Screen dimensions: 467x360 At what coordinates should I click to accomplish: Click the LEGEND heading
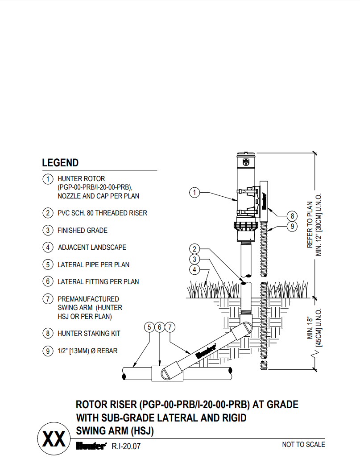coord(60,163)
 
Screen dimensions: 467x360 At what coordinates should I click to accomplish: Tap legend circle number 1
coord(48,179)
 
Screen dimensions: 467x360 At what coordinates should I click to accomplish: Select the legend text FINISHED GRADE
coord(83,231)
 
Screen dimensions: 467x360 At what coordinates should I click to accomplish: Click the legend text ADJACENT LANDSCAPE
coord(92,247)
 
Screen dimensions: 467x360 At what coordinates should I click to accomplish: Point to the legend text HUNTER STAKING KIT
coord(89,333)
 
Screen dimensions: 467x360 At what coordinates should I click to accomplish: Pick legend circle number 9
coord(48,351)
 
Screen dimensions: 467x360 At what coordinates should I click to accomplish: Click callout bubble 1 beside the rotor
coord(194,193)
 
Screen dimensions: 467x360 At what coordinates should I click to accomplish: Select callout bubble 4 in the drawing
coord(194,269)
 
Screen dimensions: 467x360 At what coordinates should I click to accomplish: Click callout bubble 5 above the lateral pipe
coord(149,327)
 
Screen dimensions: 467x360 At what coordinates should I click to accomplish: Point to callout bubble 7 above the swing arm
coord(170,327)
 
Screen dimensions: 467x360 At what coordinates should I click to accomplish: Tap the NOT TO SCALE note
coord(303,444)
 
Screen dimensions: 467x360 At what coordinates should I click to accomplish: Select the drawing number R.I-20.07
coord(126,446)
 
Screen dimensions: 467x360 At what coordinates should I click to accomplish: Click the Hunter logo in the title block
coord(91,445)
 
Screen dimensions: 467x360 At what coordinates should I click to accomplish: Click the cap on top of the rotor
coord(246,154)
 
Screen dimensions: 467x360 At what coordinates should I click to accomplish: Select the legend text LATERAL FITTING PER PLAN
coord(98,281)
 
